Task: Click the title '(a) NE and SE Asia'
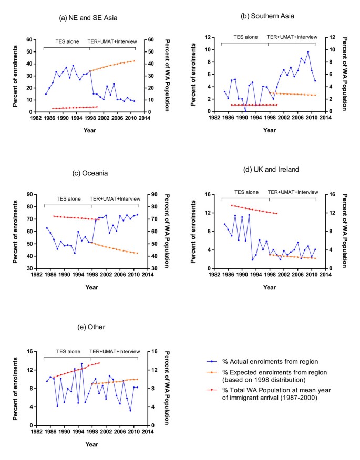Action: click(88, 18)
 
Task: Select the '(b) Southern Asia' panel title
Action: click(268, 16)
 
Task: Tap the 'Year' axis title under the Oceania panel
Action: click(90, 287)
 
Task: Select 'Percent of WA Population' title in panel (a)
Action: click(167, 76)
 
